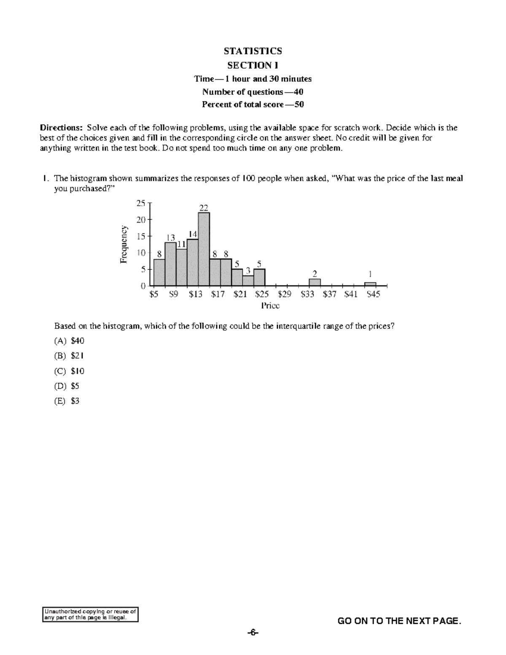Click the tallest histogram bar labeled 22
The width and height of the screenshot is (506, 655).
pos(204,249)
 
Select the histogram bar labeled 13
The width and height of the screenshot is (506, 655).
pos(170,264)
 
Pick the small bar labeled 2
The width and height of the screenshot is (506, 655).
pos(315,282)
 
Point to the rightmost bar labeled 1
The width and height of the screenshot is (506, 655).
pos(370,284)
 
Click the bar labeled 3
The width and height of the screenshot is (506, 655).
pos(248,280)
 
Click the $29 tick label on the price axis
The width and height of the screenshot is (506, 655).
pos(285,294)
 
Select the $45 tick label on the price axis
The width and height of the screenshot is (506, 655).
pos(373,294)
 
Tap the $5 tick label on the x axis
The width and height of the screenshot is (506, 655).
pos(154,294)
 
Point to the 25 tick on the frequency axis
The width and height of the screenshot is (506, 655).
pos(140,203)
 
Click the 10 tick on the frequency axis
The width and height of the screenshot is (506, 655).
pos(140,253)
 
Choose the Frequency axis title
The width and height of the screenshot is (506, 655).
pos(124,245)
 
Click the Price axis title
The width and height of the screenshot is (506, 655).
pos(270,306)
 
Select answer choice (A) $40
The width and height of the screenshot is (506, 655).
pos(69,341)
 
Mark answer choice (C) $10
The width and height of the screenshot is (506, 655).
pos(69,371)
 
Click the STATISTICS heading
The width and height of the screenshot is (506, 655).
pos(253,51)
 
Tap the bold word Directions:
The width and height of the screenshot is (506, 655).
pos(62,128)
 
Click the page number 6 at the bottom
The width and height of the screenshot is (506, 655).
pos(252,633)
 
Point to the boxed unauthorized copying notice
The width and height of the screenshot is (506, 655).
pos(91,615)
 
